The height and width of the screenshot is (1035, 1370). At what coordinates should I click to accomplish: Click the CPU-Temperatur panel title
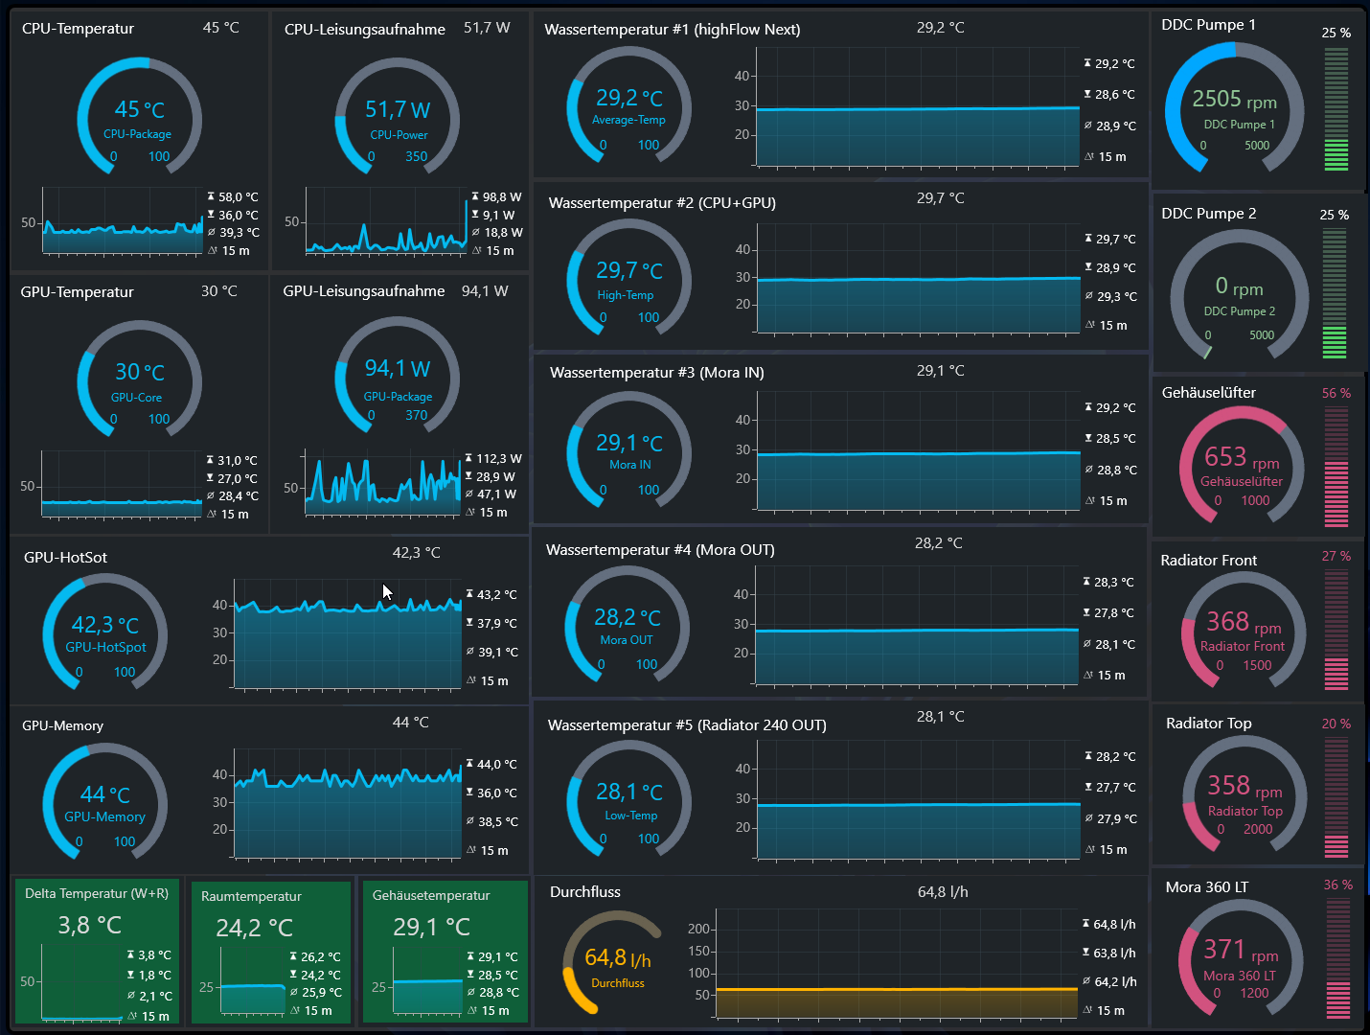pos(78,29)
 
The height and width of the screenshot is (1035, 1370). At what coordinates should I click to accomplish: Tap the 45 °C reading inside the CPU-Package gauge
pos(139,110)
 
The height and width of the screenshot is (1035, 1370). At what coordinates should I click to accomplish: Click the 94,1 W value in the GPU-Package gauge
pos(397,368)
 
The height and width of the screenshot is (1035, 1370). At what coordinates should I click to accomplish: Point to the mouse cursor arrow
pos(388,592)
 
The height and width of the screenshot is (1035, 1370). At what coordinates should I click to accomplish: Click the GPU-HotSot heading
pos(65,558)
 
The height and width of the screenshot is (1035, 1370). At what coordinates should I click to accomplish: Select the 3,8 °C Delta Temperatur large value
pos(89,925)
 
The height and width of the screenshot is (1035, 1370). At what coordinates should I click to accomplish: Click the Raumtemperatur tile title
pos(251,896)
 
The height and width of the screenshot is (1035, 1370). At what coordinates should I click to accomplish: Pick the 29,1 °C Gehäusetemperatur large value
pos(431,927)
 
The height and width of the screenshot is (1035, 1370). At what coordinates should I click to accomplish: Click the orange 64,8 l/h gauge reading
pos(617,957)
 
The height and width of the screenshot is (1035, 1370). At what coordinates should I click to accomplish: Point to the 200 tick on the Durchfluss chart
pos(698,929)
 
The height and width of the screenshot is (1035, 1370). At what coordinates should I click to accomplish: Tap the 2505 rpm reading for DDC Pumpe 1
pos(1234,100)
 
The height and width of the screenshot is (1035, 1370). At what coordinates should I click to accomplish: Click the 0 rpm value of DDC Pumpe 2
pos(1239,287)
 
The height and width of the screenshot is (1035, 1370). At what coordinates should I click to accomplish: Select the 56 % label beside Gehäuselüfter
pos(1336,393)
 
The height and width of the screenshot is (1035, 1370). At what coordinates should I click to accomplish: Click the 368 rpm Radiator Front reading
pos(1244,622)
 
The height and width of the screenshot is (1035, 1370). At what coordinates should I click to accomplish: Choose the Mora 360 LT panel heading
pos(1206,887)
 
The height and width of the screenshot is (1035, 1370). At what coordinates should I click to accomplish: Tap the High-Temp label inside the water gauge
pos(625,295)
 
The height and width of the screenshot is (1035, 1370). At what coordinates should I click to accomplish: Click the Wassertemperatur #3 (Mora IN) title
pos(656,373)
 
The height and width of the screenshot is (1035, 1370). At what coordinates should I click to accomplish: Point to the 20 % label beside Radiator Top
pos(1336,724)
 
